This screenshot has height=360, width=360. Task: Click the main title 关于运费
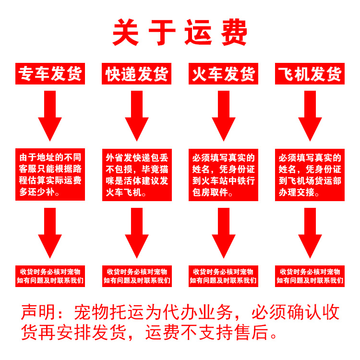click(180, 32)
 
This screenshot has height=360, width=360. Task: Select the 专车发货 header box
click(50, 74)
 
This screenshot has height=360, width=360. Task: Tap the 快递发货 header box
click(137, 74)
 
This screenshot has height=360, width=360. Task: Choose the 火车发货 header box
click(224, 74)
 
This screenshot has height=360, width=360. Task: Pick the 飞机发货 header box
click(310, 74)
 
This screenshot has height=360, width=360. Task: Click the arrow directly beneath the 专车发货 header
click(50, 115)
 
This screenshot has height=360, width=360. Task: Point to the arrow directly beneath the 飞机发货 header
click(310, 115)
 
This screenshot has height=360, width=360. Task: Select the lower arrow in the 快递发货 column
click(137, 233)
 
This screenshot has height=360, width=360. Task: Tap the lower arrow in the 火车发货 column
click(224, 233)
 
